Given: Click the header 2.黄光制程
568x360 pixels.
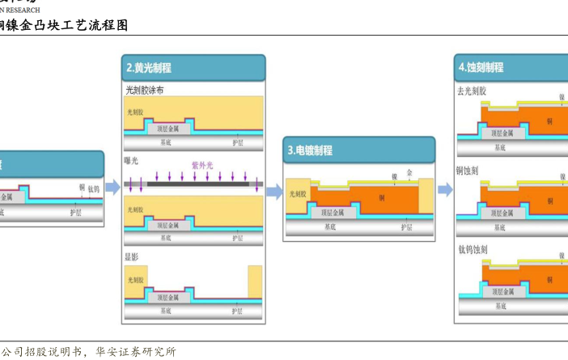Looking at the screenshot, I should (x=150, y=68).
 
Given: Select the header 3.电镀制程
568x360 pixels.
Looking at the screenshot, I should (x=311, y=150).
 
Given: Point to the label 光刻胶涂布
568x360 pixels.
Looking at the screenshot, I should (x=144, y=91).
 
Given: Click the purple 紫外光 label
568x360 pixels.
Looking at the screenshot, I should (x=201, y=165).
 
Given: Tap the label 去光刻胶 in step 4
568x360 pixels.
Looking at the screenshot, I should (x=472, y=91).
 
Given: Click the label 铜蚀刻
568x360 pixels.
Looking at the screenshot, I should (x=468, y=171).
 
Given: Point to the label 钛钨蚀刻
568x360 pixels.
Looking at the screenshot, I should (x=472, y=249).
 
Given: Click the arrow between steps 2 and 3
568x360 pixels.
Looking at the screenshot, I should (x=275, y=192).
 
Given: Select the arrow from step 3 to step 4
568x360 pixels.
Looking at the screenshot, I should (x=445, y=189).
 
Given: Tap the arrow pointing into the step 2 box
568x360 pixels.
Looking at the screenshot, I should (x=112, y=188).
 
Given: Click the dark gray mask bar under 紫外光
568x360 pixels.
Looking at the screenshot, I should (x=198, y=184).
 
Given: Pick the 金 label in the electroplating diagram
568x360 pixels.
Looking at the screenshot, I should (x=409, y=173).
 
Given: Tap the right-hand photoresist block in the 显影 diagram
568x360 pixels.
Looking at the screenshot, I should (x=255, y=282).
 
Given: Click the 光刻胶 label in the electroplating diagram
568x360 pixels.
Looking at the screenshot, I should (x=298, y=194).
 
